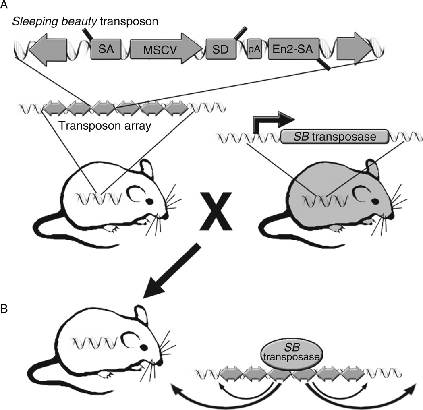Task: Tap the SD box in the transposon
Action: tap(219, 50)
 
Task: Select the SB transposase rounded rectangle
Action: tap(334, 137)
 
